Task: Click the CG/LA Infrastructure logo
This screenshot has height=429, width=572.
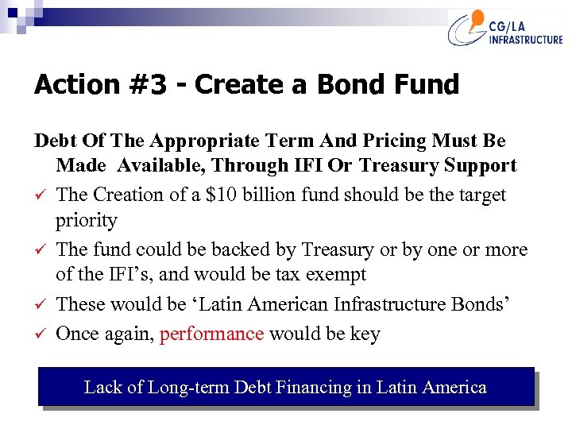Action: pos(505,29)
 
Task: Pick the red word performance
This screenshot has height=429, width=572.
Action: pos(211,334)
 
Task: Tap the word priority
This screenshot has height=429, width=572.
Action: pos(87,220)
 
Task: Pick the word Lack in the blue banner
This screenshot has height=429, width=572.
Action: pos(102,388)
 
